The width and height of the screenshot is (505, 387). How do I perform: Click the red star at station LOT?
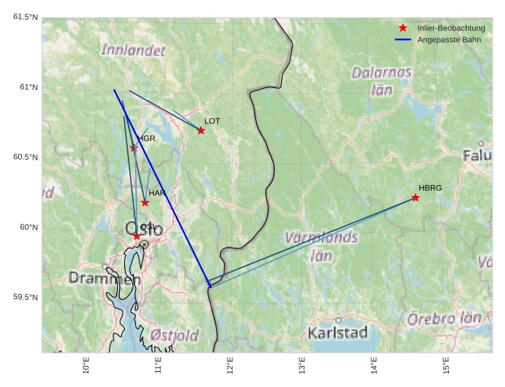[x=201, y=131]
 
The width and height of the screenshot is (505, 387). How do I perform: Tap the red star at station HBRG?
[x=416, y=197]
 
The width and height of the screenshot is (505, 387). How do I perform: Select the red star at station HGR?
[x=134, y=148]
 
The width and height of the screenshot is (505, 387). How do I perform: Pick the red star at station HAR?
[x=145, y=203]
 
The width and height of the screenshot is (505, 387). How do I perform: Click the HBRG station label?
[x=430, y=188]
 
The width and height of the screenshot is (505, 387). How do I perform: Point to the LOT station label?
[x=212, y=121]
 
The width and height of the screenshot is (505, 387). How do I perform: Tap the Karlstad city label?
[x=338, y=333]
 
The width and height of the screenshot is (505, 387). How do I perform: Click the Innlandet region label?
[x=134, y=51]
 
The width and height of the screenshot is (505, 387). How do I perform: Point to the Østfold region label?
[x=174, y=335]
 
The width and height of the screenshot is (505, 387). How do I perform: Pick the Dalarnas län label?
[x=381, y=81]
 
